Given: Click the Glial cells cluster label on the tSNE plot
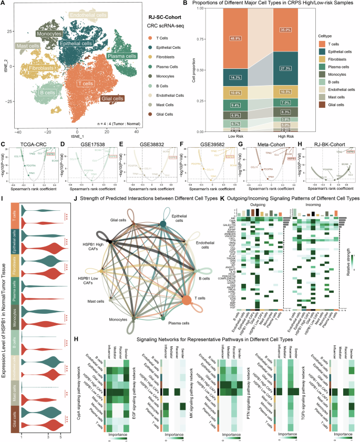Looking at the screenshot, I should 111,98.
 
